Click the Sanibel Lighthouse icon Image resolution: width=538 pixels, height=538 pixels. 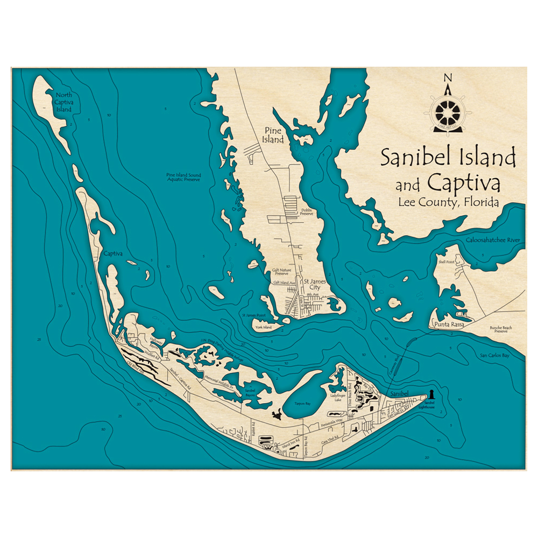[431, 394]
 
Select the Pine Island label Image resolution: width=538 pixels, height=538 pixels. [273, 135]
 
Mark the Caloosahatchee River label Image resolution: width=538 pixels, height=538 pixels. [494, 240]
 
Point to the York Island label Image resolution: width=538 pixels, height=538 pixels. [264, 327]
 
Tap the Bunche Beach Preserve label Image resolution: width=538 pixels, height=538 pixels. [498, 329]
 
